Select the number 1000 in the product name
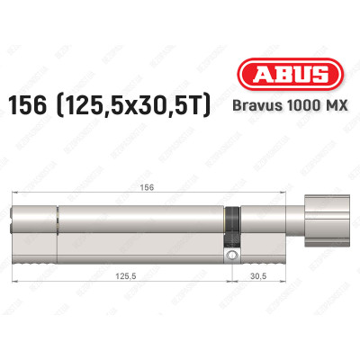point(301,106)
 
